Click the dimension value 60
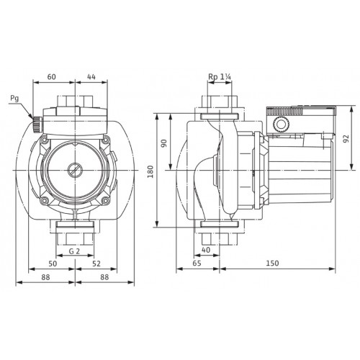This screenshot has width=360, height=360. point(51,77)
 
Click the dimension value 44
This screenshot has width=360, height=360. point(91,77)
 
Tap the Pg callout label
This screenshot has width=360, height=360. point(14,99)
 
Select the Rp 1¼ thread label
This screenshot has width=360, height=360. point(220,77)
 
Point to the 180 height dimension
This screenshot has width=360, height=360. point(150,171)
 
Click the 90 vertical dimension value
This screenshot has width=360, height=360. point(164,143)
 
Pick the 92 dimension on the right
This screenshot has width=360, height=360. point(346,139)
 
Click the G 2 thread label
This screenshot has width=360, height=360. point(74,251)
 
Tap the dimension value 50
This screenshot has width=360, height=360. point(53,264)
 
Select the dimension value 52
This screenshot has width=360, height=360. point(96,264)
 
